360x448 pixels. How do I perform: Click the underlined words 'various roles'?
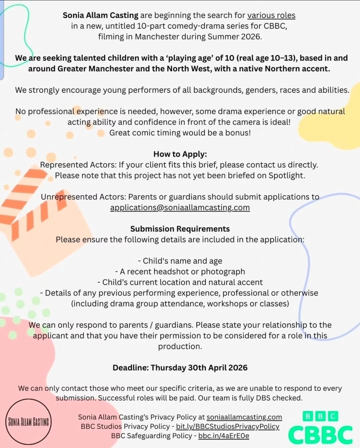[x=271, y=15]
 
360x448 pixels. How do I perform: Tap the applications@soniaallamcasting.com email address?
[x=180, y=207]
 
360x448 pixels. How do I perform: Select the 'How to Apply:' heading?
[x=180, y=154]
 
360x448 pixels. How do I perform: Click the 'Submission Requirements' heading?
[x=180, y=229]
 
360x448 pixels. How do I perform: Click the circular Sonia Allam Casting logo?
[x=29, y=422]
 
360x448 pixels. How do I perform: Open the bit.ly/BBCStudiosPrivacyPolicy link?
[x=228, y=426]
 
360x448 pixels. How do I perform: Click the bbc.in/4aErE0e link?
[x=224, y=436]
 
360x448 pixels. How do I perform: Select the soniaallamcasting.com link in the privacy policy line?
[x=244, y=417]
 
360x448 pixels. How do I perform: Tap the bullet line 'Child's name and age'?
[x=180, y=261]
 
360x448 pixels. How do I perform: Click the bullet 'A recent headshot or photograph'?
[x=180, y=272]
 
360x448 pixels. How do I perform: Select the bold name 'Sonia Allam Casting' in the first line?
[x=100, y=15]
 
